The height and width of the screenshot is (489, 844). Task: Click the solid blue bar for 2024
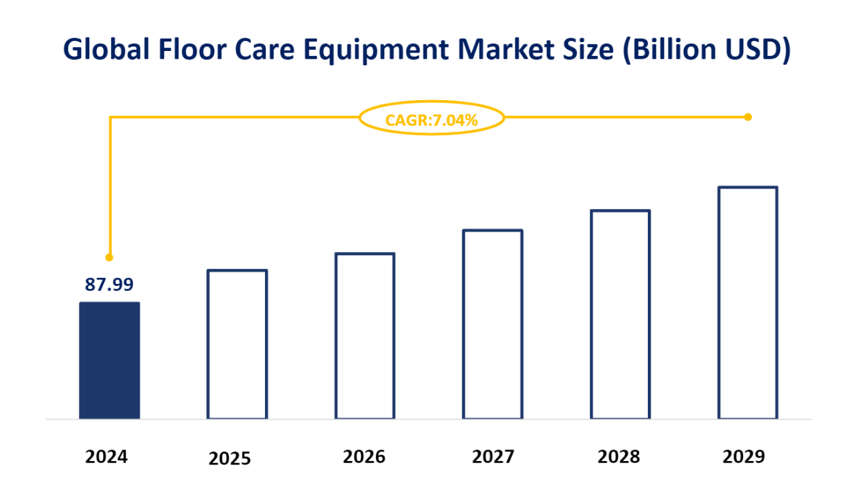[110, 360]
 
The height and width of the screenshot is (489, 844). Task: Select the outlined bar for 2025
[237, 344]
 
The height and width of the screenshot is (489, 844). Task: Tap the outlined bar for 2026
[364, 336]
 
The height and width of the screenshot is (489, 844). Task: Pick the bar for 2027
[493, 324]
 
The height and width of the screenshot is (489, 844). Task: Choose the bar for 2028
[620, 314]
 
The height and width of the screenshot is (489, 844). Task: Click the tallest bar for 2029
[747, 302]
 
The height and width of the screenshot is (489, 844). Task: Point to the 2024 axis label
[106, 456]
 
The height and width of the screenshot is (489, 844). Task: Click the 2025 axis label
[230, 458]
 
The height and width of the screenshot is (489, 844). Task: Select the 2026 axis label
[364, 456]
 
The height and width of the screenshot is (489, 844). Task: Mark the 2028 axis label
[619, 456]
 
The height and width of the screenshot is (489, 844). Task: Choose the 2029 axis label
[744, 456]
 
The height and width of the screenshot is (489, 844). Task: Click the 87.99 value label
[109, 285]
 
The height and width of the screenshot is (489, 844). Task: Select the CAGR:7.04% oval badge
[431, 120]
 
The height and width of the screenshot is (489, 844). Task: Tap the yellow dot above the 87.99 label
[109, 257]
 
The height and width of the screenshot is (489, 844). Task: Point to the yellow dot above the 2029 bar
[747, 117]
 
